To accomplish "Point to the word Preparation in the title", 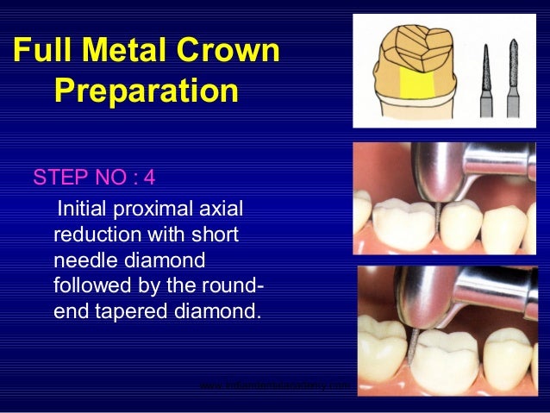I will (145, 90).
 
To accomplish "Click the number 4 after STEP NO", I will (150, 178).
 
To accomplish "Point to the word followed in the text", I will (89, 285).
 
